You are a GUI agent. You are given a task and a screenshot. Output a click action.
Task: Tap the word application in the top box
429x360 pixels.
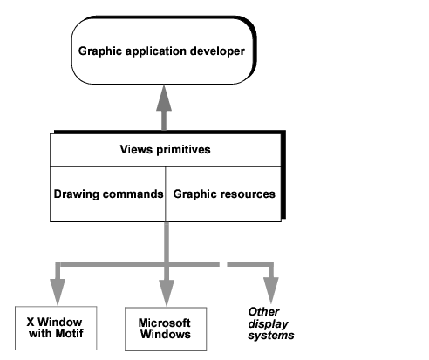pyautogui.click(x=156, y=51)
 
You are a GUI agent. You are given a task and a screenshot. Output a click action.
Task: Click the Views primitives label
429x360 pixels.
pyautogui.click(x=165, y=150)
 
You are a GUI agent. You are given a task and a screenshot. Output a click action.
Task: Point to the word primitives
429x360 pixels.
pyautogui.click(x=183, y=150)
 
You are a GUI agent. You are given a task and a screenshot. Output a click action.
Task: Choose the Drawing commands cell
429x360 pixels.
pyautogui.click(x=108, y=194)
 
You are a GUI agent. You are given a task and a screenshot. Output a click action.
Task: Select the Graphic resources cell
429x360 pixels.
pyautogui.click(x=223, y=194)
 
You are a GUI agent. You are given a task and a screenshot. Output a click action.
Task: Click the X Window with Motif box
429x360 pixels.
pyautogui.click(x=56, y=328)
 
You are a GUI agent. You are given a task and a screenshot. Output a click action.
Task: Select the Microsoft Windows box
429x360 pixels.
pyautogui.click(x=166, y=329)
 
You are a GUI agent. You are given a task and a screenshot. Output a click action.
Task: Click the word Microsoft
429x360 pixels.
pyautogui.click(x=165, y=323)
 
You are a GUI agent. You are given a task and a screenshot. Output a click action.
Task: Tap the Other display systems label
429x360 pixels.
pyautogui.click(x=271, y=323)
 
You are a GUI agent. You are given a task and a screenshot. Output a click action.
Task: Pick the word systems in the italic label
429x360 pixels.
pyautogui.click(x=271, y=336)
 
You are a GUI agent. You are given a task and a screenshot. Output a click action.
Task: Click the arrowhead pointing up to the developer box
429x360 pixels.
pyautogui.click(x=164, y=98)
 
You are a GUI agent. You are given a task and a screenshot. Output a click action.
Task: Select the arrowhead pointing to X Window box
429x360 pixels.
pyautogui.click(x=58, y=292)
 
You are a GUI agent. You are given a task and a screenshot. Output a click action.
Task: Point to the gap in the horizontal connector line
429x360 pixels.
pyautogui.click(x=223, y=264)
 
